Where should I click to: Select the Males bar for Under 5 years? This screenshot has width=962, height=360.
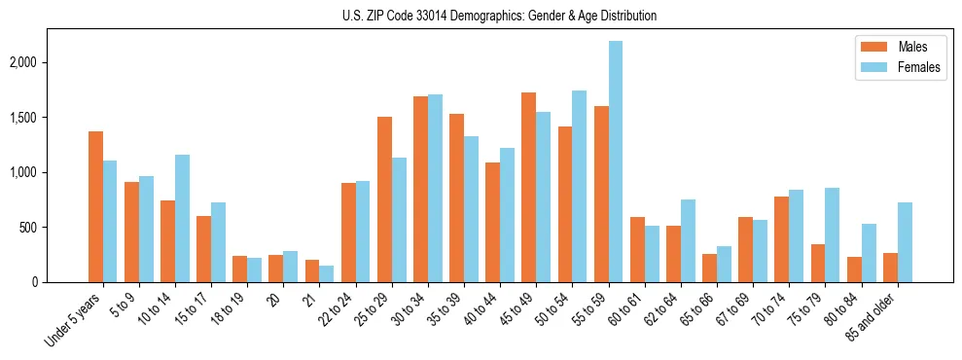click(95, 206)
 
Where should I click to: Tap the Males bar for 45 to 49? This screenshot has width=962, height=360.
click(529, 187)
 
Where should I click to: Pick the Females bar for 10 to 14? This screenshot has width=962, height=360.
click(182, 218)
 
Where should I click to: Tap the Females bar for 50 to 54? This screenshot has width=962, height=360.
click(579, 186)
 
